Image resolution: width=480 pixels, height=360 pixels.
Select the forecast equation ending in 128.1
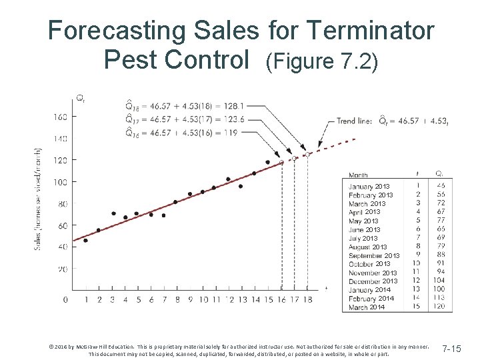tap(184, 105)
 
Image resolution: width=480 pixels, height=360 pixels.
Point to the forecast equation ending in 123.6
tap(184, 119)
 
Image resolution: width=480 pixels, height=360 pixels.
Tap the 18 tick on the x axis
tap(307, 300)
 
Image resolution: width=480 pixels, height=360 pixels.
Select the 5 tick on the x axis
tap(138, 300)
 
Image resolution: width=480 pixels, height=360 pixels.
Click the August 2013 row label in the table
tap(368, 247)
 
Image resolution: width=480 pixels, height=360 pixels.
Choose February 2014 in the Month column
tap(371, 299)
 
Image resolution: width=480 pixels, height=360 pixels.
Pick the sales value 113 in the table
tap(439, 299)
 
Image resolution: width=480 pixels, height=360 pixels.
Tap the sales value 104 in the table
tap(439, 281)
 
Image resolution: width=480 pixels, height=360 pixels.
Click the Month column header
tap(359, 175)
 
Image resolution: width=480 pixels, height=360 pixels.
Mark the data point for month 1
tap(85, 240)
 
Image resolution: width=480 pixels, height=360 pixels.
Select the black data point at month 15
tap(267, 162)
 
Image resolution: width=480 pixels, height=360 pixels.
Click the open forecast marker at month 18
tap(307, 155)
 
